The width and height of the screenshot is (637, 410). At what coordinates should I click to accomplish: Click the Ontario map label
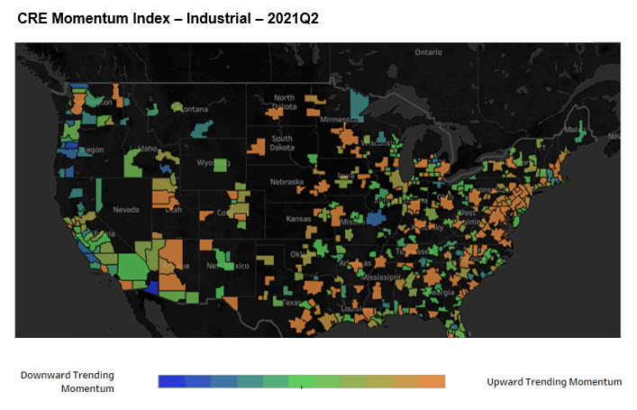428,52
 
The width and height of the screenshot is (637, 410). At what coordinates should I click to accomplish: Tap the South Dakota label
282,144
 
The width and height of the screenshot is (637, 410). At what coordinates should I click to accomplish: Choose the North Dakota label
285,102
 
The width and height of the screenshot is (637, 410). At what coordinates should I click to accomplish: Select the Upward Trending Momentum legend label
554,382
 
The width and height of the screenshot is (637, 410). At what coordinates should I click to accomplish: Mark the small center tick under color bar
301,389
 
